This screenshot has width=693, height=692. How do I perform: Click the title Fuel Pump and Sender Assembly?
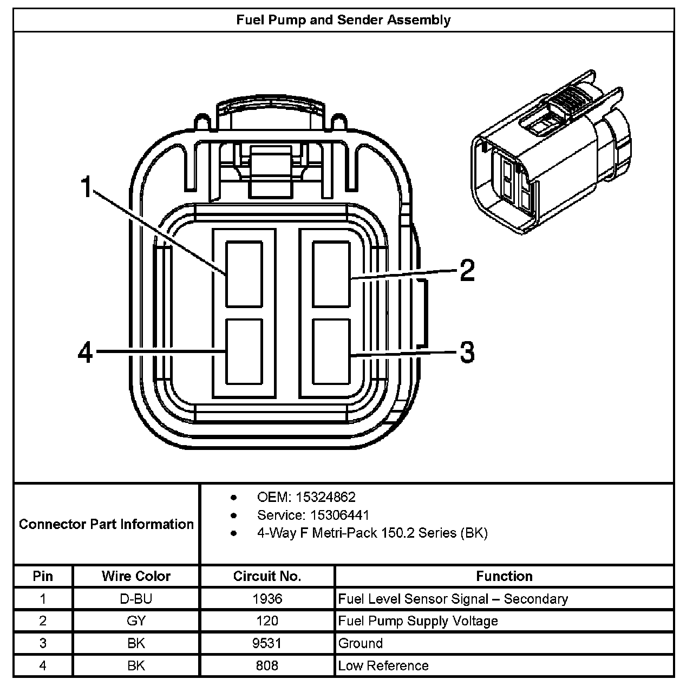[x=343, y=21]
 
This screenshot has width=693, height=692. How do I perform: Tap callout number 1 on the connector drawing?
[x=86, y=187]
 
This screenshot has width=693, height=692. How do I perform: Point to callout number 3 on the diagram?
[x=467, y=352]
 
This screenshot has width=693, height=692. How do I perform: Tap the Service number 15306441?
[x=313, y=515]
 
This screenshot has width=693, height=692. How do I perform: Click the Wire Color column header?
[x=136, y=576]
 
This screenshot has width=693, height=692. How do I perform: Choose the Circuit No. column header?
[x=267, y=576]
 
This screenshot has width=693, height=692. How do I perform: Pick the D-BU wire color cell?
[x=136, y=599]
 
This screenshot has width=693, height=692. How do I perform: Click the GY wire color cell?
[x=136, y=621]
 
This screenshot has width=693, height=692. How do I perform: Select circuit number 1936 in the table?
[x=267, y=599]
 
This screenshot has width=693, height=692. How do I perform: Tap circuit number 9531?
[x=267, y=643]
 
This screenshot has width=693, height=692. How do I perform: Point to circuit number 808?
[x=267, y=665]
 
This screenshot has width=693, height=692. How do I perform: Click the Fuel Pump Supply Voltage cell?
[x=417, y=621]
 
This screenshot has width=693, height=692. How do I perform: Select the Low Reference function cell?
[x=383, y=665]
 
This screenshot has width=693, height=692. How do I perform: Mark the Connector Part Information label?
[x=106, y=524]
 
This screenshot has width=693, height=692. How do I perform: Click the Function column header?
[x=504, y=576]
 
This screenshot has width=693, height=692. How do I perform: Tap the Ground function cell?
[x=360, y=643]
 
